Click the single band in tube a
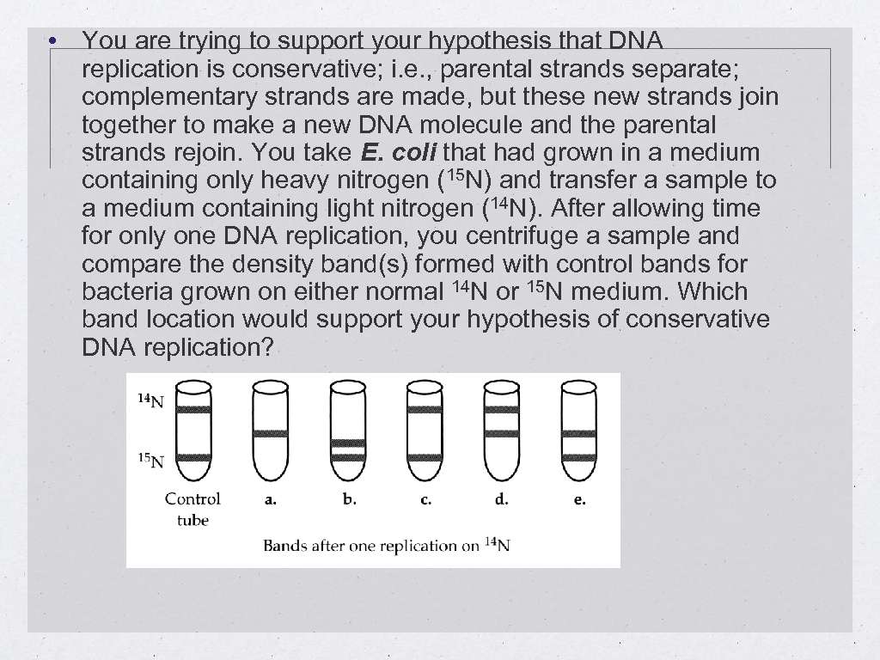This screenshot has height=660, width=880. [271, 433]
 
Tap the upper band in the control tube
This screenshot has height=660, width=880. [193, 409]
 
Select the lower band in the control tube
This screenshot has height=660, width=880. [193, 457]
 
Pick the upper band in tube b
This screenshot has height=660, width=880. [348, 443]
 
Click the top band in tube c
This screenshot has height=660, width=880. [425, 409]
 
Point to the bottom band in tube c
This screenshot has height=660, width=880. [425, 457]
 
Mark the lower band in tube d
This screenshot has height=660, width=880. [502, 433]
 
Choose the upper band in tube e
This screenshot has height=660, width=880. [579, 434]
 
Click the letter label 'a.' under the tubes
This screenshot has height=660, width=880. [270, 499]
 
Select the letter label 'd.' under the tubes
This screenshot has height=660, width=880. [502, 498]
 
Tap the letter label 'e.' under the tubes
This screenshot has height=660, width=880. [579, 499]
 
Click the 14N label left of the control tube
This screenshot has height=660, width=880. [150, 400]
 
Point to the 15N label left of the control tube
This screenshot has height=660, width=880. [150, 460]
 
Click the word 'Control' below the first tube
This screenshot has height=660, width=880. [192, 498]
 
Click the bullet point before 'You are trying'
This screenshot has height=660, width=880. [53, 40]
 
